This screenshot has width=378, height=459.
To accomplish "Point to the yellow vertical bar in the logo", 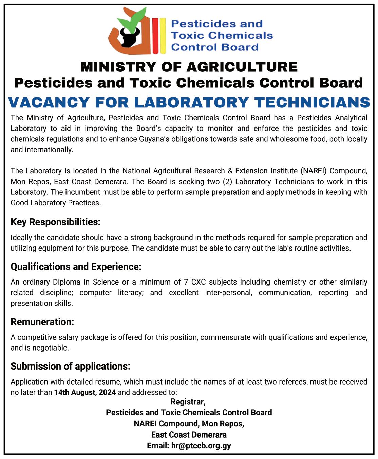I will pyautogui.click(x=163, y=36).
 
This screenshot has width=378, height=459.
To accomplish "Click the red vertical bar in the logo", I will pyautogui.click(x=155, y=36).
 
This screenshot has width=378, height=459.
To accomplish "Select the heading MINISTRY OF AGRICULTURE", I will pyautogui.click(x=189, y=67).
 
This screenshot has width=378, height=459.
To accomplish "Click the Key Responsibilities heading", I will pyautogui.click(x=55, y=222).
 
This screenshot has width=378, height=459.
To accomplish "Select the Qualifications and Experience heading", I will pyautogui.click(x=76, y=267).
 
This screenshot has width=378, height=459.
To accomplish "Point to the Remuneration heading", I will pyautogui.click(x=42, y=322).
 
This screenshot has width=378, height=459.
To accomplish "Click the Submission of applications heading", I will pyautogui.click(x=70, y=367).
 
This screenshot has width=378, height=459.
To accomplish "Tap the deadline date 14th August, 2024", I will pyautogui.click(x=85, y=392).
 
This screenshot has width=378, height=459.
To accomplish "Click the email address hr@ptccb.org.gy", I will pyautogui.click(x=201, y=446).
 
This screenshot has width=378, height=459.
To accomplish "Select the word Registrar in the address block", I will pyautogui.click(x=188, y=402).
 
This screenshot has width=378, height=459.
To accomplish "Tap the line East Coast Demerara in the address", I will pyautogui.click(x=189, y=435).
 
